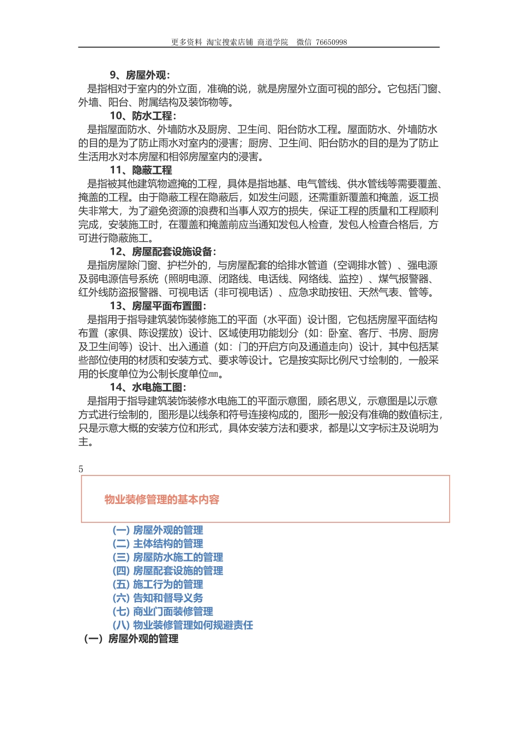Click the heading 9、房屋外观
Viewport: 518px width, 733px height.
click(x=140, y=75)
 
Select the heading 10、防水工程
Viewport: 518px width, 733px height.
click(x=143, y=116)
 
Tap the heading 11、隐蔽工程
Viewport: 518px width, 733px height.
click(x=141, y=170)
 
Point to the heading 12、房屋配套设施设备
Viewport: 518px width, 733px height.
click(x=162, y=251)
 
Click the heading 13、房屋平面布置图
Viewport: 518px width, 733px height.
click(x=158, y=306)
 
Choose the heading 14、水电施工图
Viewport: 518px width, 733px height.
click(x=148, y=387)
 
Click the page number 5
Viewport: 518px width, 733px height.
click(x=81, y=469)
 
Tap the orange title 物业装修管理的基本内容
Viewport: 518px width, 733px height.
click(x=162, y=500)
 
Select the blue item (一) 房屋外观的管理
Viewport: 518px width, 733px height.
click(x=158, y=530)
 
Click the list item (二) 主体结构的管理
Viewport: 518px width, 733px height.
click(x=158, y=544)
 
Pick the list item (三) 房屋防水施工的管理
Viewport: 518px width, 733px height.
click(x=167, y=557)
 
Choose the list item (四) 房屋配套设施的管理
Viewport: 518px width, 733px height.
click(x=167, y=571)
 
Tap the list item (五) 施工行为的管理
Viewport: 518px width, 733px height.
click(x=158, y=585)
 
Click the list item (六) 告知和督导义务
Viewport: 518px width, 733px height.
click(x=158, y=598)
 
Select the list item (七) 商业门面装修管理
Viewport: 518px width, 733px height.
click(x=162, y=612)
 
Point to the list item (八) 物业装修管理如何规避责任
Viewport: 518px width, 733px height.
click(x=183, y=626)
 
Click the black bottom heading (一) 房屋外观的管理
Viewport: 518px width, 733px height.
click(x=131, y=639)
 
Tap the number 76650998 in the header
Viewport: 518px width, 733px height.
click(x=331, y=42)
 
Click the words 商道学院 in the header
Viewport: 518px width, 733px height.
click(x=273, y=42)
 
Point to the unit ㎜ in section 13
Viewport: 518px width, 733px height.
click(x=213, y=375)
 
